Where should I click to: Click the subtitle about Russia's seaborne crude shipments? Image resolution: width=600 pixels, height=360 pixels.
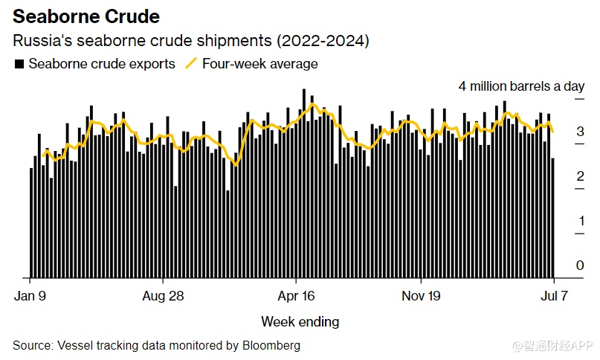pos(191,41)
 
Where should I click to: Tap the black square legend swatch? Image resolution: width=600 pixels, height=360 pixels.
pos(19,64)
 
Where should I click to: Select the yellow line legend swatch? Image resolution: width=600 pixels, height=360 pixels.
pos(190,64)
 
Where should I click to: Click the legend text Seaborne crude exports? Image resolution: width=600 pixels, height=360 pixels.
pos(102,64)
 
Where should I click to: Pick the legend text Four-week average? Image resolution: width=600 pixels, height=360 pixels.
pos(259,64)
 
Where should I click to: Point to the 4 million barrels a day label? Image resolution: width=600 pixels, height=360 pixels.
pos(521,86)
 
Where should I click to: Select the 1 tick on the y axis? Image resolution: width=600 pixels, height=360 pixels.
pos(580,221)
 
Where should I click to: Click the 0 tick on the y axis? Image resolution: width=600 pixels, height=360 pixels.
pos(580,266)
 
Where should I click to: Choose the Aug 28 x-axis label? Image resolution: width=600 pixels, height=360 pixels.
pos(162,295)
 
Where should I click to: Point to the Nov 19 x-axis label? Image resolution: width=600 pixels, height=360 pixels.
pos(420,295)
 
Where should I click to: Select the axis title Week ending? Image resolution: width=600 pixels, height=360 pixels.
pos(300,322)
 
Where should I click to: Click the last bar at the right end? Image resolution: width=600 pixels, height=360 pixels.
pos(552,218)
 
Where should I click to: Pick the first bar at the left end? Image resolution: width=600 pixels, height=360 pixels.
pos(31,223)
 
